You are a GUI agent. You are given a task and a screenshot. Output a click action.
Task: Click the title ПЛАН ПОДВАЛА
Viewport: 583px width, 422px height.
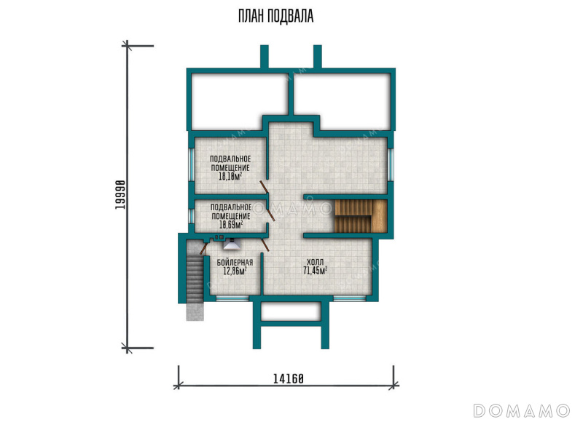point(276,16)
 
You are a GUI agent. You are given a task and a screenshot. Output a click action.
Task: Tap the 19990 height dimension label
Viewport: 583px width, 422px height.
point(120,195)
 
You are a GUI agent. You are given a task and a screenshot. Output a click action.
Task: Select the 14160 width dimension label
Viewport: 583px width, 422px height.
point(289,379)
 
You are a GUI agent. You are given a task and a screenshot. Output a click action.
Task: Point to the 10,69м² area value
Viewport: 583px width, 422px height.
point(231,225)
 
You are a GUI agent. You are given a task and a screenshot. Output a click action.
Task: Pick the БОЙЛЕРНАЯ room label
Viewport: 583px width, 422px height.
point(235,263)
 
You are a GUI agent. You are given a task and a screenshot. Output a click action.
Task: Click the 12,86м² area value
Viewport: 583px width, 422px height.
point(235,271)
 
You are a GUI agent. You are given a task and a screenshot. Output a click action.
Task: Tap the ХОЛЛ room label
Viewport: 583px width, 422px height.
point(316,262)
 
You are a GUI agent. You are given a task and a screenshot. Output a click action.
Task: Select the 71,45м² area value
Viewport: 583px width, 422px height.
point(316,271)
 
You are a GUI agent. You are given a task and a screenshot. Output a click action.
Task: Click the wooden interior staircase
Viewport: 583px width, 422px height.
point(361,216)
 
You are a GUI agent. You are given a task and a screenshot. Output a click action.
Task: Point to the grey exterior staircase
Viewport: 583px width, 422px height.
point(195,280)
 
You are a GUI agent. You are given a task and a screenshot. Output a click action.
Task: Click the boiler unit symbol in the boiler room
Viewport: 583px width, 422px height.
point(231,244)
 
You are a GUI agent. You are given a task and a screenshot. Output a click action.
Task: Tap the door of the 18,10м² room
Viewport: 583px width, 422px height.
point(265,188)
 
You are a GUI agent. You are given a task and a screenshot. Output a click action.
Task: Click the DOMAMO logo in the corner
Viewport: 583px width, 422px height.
point(521,410)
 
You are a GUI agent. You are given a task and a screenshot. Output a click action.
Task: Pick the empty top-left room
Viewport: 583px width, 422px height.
point(240,101)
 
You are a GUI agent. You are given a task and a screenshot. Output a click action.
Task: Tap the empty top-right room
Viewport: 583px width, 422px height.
point(342,101)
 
